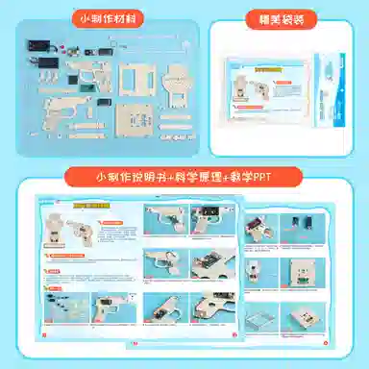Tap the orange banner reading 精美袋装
(x=279, y=17)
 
